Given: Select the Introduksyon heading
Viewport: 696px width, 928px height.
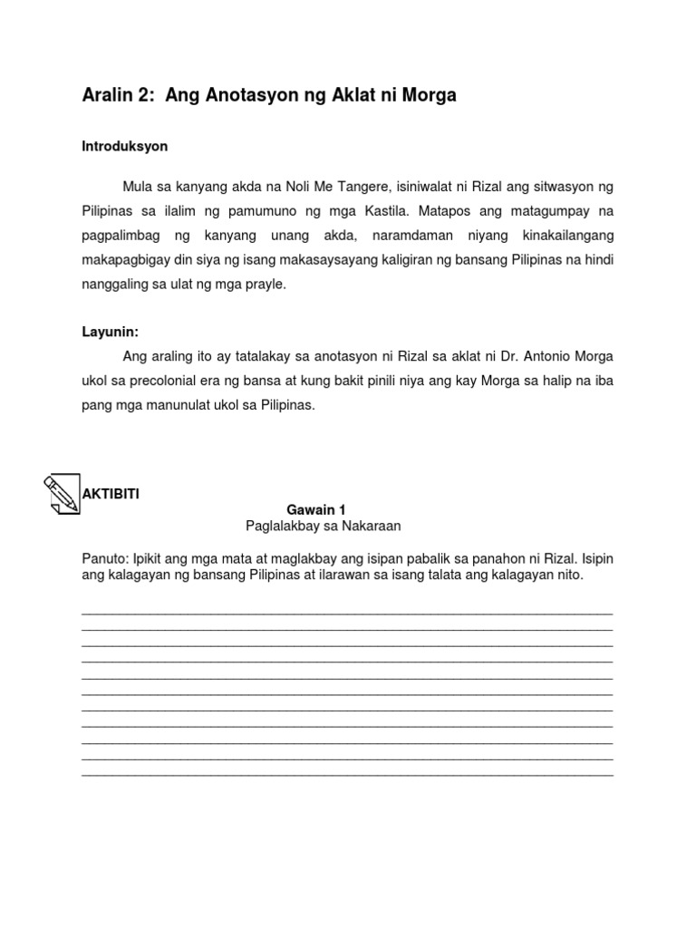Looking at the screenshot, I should click(x=125, y=146).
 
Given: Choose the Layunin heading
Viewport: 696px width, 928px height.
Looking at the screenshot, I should click(x=111, y=333).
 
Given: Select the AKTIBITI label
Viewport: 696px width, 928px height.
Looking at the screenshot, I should click(x=111, y=494).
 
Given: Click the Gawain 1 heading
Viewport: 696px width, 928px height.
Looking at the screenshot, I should click(x=316, y=510).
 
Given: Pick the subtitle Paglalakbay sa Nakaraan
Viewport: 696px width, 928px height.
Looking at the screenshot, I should click(x=323, y=526).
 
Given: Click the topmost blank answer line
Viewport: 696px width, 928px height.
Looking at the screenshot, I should click(x=347, y=613).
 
